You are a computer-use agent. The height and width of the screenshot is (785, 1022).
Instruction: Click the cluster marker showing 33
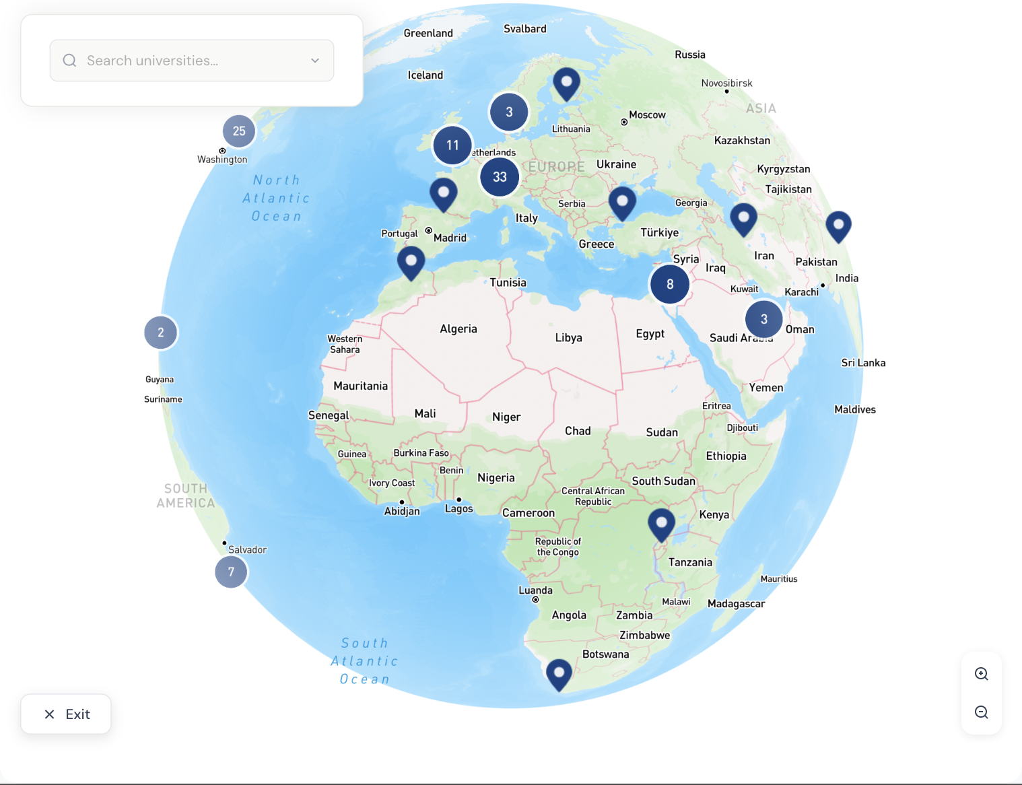[x=500, y=177]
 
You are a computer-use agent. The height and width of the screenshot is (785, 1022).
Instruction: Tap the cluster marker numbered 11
[x=452, y=145]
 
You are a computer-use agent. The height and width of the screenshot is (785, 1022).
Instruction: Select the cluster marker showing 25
[x=239, y=131]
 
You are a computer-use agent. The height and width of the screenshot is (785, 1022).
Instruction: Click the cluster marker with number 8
[x=670, y=284]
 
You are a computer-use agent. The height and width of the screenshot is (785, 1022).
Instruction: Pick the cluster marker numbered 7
[x=231, y=572]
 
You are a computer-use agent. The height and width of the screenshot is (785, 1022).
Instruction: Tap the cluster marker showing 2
[x=161, y=333]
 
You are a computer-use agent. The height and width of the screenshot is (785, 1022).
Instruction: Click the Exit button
[x=66, y=714]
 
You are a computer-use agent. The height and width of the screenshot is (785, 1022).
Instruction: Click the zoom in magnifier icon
[x=982, y=674]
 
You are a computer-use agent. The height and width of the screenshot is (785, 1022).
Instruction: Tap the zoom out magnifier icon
[x=982, y=712]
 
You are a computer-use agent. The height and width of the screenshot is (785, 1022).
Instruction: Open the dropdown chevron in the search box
[x=315, y=61]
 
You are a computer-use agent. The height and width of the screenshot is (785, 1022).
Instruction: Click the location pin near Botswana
[x=559, y=673]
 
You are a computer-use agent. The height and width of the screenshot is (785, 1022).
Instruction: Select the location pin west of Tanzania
[x=662, y=524]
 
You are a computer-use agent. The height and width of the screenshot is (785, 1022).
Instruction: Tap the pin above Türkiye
[x=622, y=201]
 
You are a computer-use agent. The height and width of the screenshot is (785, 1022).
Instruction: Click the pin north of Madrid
[x=444, y=193]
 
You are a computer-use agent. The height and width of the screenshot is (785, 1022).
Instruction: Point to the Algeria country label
[x=458, y=329]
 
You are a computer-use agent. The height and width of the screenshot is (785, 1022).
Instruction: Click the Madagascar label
[x=736, y=604]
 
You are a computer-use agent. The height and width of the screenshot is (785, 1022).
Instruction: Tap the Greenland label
[x=428, y=33]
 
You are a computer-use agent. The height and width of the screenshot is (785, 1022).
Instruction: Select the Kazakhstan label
[x=742, y=140]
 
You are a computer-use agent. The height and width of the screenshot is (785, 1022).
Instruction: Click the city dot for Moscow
[x=624, y=123]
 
